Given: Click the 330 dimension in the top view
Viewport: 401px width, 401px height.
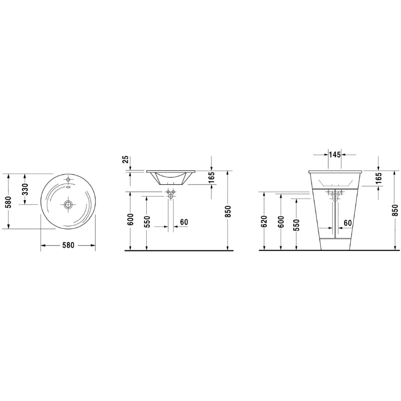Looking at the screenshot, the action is (x=25, y=189).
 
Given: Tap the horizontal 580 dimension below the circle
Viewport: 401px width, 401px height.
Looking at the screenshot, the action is (x=68, y=245).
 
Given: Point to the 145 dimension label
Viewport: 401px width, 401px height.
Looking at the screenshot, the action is (x=335, y=154).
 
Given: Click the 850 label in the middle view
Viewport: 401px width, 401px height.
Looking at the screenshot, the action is (x=228, y=212).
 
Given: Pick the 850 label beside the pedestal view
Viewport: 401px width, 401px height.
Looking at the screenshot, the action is (x=395, y=211).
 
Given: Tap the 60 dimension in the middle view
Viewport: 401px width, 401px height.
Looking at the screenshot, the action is (x=184, y=222).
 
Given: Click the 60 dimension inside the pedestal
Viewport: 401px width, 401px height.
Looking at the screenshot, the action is (x=348, y=223).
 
